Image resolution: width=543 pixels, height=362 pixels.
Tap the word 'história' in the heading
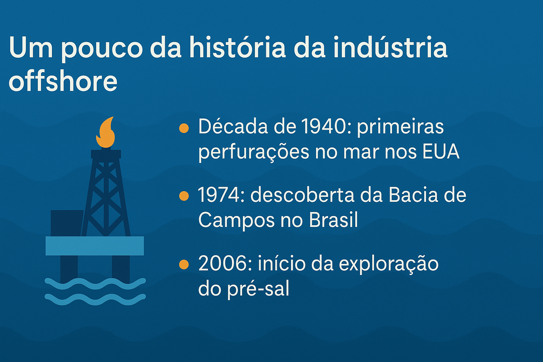tap(237, 48)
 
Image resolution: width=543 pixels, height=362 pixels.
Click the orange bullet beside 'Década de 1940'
tap(184, 128)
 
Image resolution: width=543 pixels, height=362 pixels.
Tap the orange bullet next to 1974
tap(184, 196)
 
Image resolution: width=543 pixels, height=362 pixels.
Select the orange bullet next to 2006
tap(184, 264)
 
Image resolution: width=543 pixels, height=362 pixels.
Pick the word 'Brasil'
tap(333, 220)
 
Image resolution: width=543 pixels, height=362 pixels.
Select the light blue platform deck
tap(95, 246)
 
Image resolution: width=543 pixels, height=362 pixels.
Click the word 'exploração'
tap(389, 264)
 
